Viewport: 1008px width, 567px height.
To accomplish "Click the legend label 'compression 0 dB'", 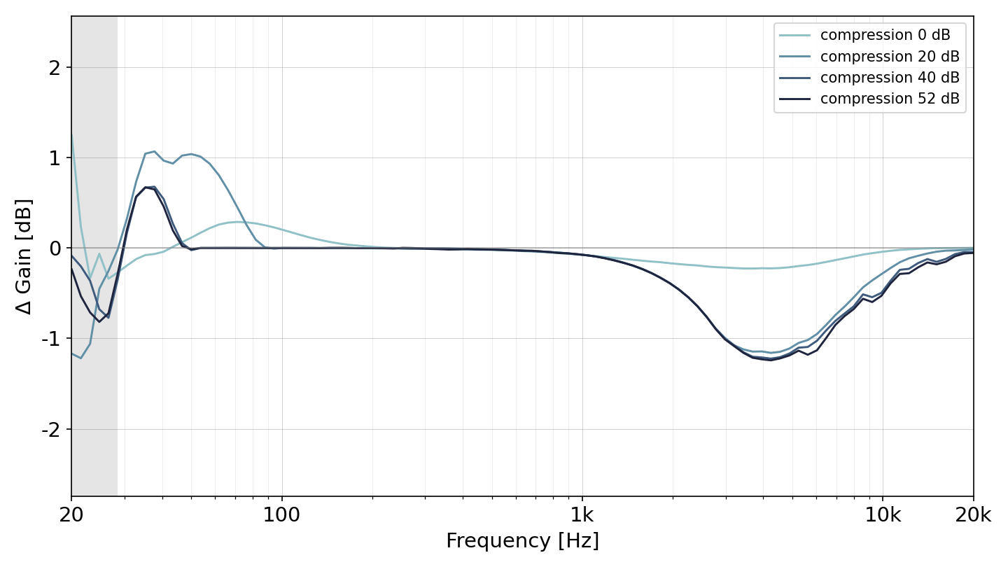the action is coord(885,35).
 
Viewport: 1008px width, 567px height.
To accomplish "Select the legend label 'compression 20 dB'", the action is coord(890,56).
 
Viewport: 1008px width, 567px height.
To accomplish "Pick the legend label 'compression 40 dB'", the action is coord(890,78).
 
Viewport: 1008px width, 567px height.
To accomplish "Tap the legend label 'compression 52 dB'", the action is coord(890,98).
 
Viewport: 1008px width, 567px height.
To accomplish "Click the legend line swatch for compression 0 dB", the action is coord(794,35).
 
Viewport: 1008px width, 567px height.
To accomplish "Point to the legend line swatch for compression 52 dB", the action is coord(794,99).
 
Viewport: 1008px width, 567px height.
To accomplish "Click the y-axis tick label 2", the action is coord(55,68).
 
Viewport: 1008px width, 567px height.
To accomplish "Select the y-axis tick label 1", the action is coord(55,158).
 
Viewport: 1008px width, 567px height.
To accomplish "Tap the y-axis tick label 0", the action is coord(55,248).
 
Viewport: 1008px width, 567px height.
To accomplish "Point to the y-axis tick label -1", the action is coord(51,338).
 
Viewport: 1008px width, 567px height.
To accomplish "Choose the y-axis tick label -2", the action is coord(51,429).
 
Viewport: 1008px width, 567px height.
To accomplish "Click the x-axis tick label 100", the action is coord(281,514).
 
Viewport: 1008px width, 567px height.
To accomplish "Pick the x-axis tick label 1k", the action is coord(582,514).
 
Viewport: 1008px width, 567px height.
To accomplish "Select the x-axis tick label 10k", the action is coord(883,514).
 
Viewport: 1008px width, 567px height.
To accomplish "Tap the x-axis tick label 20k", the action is coord(973,514).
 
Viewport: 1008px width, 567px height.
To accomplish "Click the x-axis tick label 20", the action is coord(71,514).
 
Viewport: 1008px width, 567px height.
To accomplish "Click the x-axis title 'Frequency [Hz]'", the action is coord(522,540).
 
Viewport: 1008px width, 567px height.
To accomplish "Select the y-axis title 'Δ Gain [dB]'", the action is coord(23,256).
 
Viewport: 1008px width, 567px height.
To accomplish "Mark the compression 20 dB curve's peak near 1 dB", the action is coord(154,152).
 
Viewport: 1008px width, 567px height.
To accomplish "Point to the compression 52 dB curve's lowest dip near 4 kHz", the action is coord(771,360).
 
